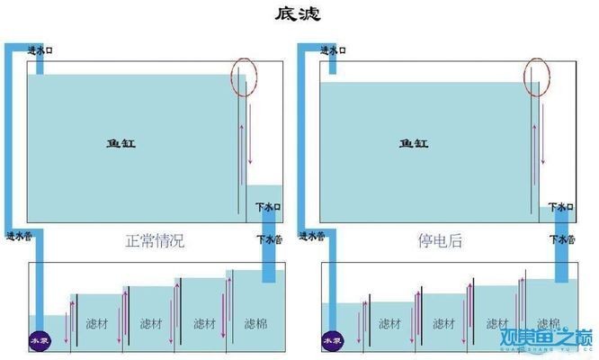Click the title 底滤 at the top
[x=299, y=14]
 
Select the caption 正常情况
[x=155, y=241]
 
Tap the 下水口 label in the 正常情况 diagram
[x=267, y=207]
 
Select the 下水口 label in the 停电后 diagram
[x=560, y=208]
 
